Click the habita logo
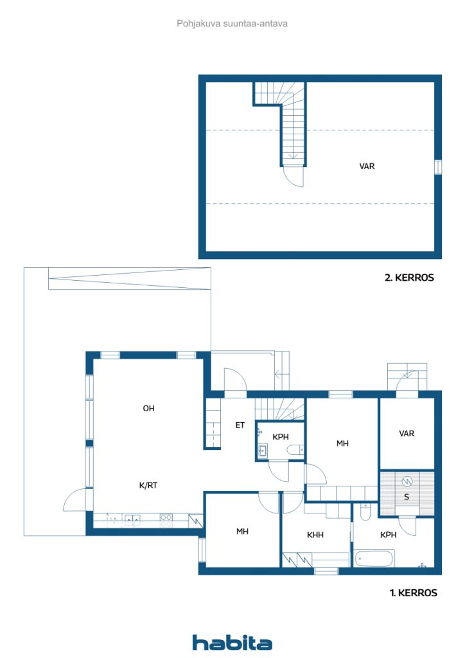(x=232, y=642)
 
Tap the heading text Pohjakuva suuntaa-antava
(x=232, y=24)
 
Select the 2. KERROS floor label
(x=409, y=278)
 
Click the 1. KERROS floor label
(x=413, y=592)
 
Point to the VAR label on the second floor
(x=367, y=166)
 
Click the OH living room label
(x=148, y=408)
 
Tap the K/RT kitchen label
(x=148, y=486)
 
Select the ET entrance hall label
(x=240, y=425)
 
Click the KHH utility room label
(x=315, y=535)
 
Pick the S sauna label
(x=407, y=497)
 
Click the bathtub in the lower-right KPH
(x=374, y=558)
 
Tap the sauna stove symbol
(x=407, y=482)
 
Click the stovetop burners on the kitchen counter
(x=166, y=520)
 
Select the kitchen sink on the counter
(x=132, y=520)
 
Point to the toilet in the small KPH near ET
(x=295, y=450)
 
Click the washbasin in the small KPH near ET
(x=263, y=451)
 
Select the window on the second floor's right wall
(x=438, y=167)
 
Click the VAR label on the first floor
(x=407, y=434)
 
